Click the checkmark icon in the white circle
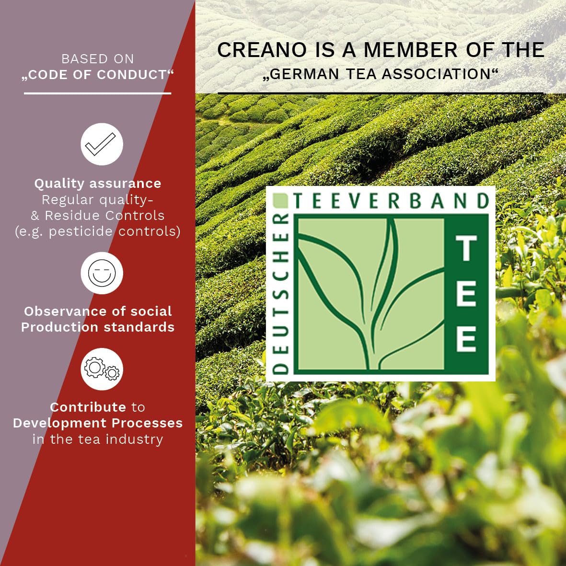click(x=100, y=144)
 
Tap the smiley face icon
click(x=102, y=273)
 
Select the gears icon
click(x=102, y=369)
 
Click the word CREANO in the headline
click(x=262, y=50)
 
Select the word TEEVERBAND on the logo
click(x=391, y=201)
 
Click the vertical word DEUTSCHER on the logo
click(x=281, y=293)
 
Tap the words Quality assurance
click(x=98, y=184)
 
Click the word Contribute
click(x=88, y=407)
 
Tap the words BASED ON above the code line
click(x=97, y=59)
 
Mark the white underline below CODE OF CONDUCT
click(x=97, y=93)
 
